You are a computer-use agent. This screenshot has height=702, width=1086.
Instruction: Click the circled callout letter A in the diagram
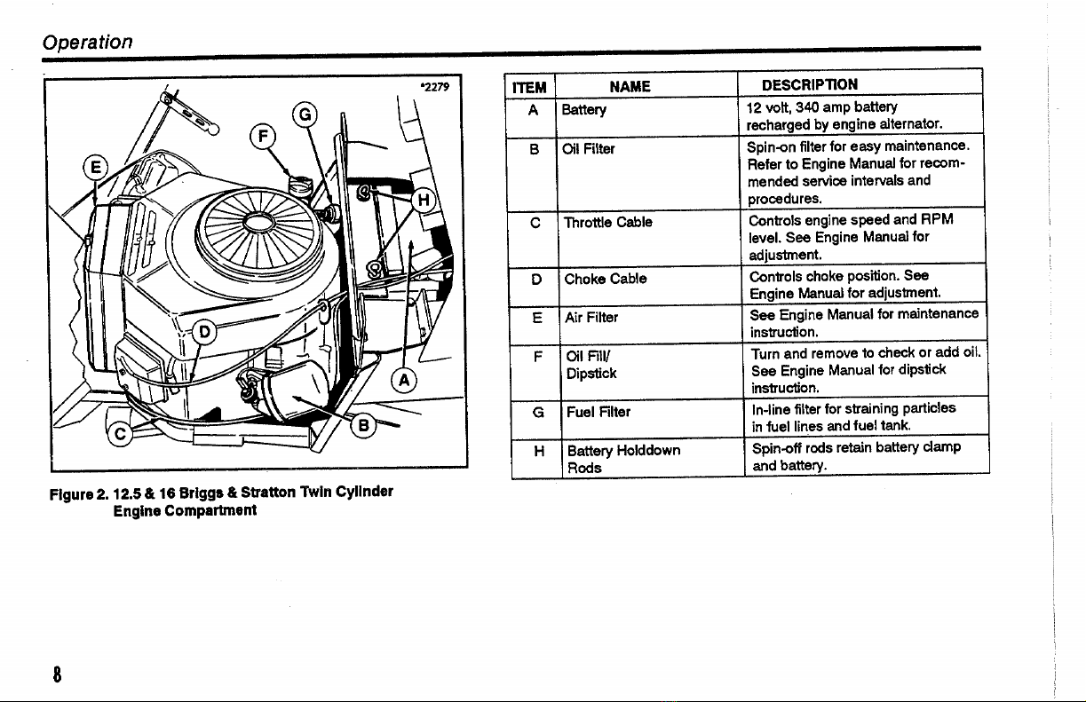click(x=404, y=381)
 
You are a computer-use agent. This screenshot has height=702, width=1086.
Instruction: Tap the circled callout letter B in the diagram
click(x=363, y=426)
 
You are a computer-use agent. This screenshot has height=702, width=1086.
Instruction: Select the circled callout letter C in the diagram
click(x=120, y=434)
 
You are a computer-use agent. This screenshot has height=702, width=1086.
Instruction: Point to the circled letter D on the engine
click(x=204, y=332)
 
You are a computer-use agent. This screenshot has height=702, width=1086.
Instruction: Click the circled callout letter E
click(x=96, y=167)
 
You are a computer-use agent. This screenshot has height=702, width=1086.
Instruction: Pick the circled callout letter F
click(x=263, y=136)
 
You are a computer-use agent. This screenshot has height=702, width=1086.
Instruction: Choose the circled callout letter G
click(x=305, y=114)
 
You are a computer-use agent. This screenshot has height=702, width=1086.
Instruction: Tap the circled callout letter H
click(x=424, y=200)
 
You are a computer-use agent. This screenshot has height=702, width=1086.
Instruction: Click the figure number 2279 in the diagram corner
click(x=435, y=87)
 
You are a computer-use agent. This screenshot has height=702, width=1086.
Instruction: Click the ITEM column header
click(x=529, y=88)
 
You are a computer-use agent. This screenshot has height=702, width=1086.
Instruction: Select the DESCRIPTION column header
click(x=810, y=85)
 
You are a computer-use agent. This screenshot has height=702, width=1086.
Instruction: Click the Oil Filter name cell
click(x=588, y=149)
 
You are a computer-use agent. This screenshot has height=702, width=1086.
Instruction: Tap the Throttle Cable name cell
click(x=608, y=223)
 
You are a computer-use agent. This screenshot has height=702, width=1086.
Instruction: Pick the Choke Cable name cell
click(x=606, y=279)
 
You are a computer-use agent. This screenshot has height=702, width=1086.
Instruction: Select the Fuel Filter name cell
click(x=598, y=412)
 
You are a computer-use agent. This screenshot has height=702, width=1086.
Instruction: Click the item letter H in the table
click(x=539, y=451)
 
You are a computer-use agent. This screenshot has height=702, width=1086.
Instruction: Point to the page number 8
click(x=57, y=674)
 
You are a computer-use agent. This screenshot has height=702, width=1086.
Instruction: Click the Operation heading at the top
click(x=87, y=42)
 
